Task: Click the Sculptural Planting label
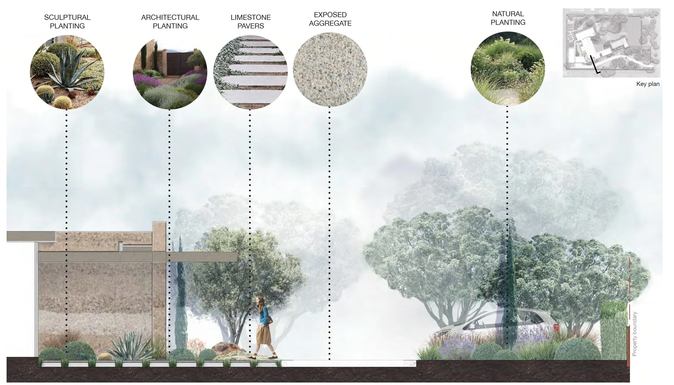[x=67, y=22]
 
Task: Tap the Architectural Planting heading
[x=170, y=22]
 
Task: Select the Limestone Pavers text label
[x=250, y=22]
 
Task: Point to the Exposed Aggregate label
[x=330, y=19]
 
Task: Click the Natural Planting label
[x=508, y=18]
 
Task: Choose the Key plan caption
[x=648, y=84]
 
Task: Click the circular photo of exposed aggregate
[x=330, y=70]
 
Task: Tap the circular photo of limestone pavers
[x=250, y=72]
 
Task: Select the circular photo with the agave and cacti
[x=67, y=72]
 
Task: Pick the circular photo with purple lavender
[x=170, y=72]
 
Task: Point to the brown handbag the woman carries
[x=269, y=321]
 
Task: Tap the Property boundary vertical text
[x=635, y=334]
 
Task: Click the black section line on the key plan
[x=594, y=65]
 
